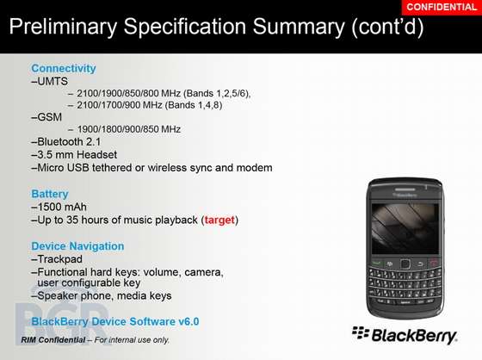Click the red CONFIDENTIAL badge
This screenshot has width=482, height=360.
(442, 7)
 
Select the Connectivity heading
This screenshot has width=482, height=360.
(64, 68)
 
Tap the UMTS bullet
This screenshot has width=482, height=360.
(50, 81)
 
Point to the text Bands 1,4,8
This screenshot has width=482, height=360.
(194, 105)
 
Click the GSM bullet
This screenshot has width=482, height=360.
(46, 117)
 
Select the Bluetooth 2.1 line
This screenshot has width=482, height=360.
(66, 142)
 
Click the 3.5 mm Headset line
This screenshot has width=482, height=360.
(74, 155)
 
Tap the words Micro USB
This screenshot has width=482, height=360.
(64, 168)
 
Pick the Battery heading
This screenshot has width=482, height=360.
(50, 194)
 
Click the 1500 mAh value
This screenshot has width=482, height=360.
(59, 207)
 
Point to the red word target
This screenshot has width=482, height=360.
(219, 220)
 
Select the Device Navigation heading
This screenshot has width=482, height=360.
(77, 246)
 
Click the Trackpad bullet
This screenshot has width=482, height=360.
(57, 259)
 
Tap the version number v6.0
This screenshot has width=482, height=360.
(188, 321)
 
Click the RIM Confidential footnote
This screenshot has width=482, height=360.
(96, 340)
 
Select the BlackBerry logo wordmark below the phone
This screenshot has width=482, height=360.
(405, 335)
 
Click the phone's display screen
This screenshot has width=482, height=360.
(405, 228)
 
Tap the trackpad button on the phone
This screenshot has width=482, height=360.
(405, 264)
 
